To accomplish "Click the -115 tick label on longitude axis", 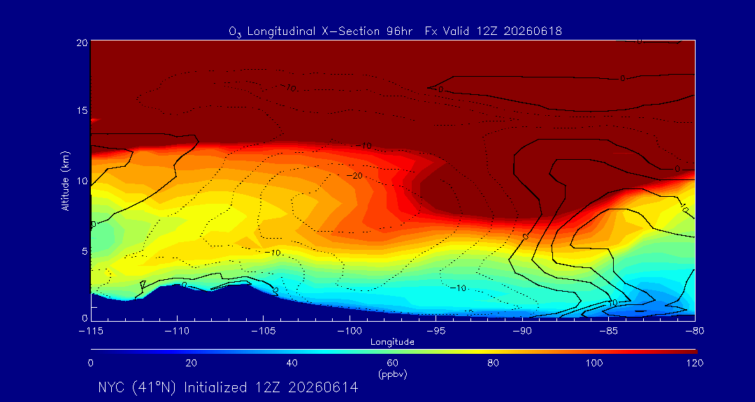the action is coord(90,332).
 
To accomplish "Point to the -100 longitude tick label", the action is coord(350,332).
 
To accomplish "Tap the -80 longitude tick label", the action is coord(695,332).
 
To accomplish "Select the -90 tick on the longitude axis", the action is coord(522,332).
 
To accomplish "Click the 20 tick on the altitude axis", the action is coord(82,42).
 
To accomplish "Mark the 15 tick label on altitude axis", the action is coord(82,110).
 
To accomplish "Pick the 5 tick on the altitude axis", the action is coord(85,251).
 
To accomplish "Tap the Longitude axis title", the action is coord(392,343).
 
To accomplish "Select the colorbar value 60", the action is coord(392,363).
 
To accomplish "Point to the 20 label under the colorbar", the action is coord(191,363).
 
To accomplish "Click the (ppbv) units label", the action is coord(392,374).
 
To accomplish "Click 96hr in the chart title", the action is coord(401,31).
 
